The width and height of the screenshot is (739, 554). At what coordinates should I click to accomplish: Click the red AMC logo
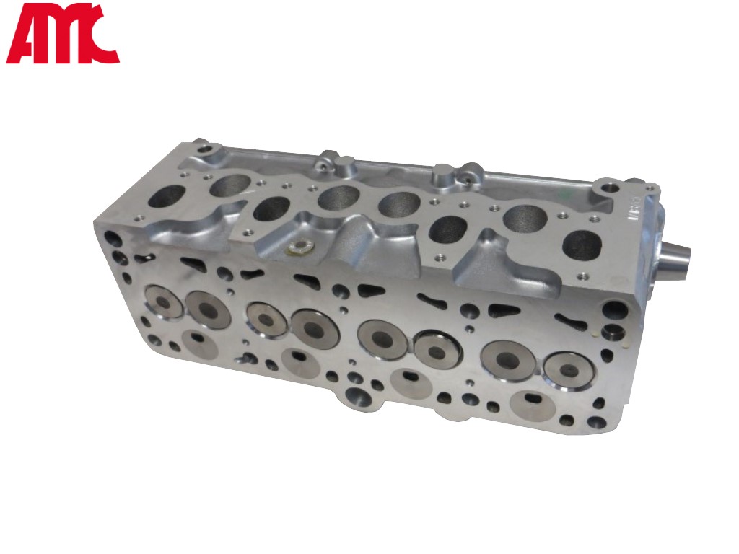pos(62,33)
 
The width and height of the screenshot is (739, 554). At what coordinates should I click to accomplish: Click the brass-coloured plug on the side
pos(298,248)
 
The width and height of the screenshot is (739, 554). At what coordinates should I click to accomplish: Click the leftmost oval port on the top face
pos(166,197)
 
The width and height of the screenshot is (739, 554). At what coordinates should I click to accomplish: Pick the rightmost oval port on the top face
pos(582,243)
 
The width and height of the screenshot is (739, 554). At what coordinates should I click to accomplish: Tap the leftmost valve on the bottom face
pos(163,302)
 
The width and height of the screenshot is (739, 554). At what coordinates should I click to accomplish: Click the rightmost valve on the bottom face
pos(567,370)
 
